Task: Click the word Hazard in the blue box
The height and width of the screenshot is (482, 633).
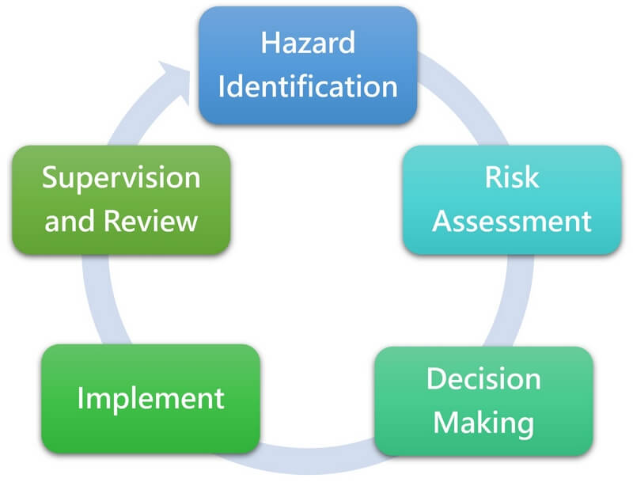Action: [x=308, y=43]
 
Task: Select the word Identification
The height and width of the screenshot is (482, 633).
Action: [x=308, y=86]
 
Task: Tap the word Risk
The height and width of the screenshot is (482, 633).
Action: [x=512, y=177]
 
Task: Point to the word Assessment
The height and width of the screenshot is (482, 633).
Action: [x=512, y=221]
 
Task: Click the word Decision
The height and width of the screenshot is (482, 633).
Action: [x=483, y=378]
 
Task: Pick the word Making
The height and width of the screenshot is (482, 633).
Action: [x=483, y=423]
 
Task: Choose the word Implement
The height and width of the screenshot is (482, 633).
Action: [x=150, y=398]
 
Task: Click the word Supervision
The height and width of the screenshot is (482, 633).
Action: [x=121, y=177]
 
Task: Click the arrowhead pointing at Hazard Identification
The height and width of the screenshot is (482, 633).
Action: [x=176, y=81]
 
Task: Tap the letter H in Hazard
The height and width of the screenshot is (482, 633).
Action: [x=269, y=43]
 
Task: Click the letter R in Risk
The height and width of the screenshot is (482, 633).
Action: [x=493, y=177]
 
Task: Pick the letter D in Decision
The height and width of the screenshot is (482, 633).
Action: [x=436, y=378]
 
